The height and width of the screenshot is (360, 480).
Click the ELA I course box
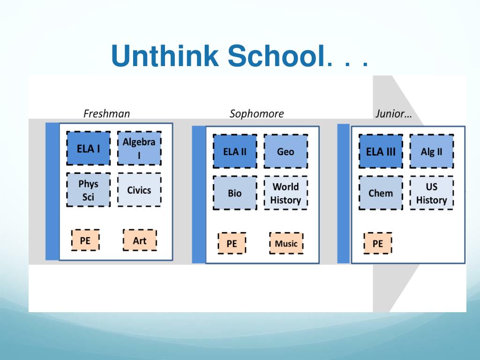(89, 149)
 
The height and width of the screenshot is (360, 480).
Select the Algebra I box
(139, 149)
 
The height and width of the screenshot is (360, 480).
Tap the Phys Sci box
(89, 190)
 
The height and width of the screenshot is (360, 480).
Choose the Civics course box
(139, 190)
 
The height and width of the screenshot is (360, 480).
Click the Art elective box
(140, 240)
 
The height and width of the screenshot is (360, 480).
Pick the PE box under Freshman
(85, 240)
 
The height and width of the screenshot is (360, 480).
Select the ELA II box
(235, 151)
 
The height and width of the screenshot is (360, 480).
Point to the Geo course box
(285, 151)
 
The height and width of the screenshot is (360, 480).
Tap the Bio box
(235, 193)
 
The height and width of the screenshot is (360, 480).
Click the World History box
(285, 193)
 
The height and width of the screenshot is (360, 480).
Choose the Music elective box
(286, 243)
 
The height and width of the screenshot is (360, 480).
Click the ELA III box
(381, 151)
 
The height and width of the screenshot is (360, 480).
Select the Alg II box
(432, 151)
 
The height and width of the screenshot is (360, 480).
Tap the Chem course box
(381, 193)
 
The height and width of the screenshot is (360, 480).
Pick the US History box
(432, 193)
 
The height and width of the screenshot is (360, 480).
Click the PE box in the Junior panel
(378, 243)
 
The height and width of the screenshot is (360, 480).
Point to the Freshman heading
(106, 113)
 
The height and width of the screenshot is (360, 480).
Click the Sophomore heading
(256, 114)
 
